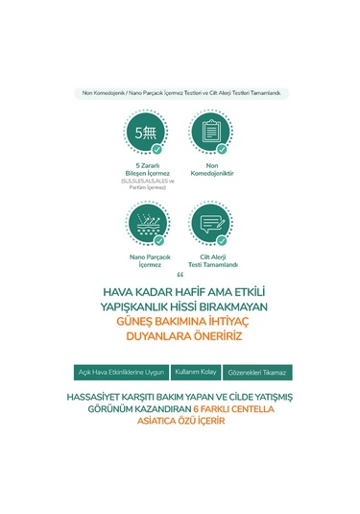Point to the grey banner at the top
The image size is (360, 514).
[x=180, y=93]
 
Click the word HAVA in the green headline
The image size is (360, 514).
[x=121, y=293]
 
